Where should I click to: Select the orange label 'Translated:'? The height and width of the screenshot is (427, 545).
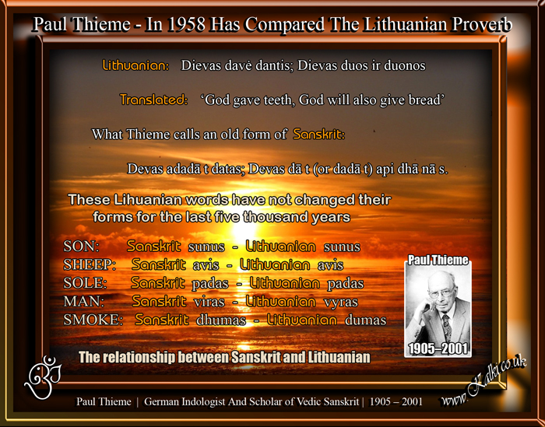tap(153, 100)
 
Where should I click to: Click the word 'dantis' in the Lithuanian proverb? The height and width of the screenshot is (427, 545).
tap(275, 65)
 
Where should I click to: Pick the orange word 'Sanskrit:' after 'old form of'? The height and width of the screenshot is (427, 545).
tap(318, 134)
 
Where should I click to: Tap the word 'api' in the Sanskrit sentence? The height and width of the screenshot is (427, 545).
tap(385, 169)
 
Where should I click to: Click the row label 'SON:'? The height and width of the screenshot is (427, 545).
tap(81, 247)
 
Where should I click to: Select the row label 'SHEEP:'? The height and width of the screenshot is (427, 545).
tap(90, 265)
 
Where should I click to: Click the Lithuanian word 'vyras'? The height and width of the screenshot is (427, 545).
tap(341, 302)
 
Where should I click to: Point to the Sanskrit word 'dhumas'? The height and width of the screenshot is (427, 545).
tap(221, 320)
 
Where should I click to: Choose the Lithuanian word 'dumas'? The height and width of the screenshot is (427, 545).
tap(365, 320)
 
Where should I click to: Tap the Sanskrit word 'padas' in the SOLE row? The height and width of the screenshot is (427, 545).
tap(210, 283)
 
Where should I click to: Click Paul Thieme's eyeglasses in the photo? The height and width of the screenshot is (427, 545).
tap(441, 293)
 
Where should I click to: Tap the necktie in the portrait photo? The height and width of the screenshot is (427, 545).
tap(446, 327)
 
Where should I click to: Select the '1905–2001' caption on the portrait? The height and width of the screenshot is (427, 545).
tap(438, 348)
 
